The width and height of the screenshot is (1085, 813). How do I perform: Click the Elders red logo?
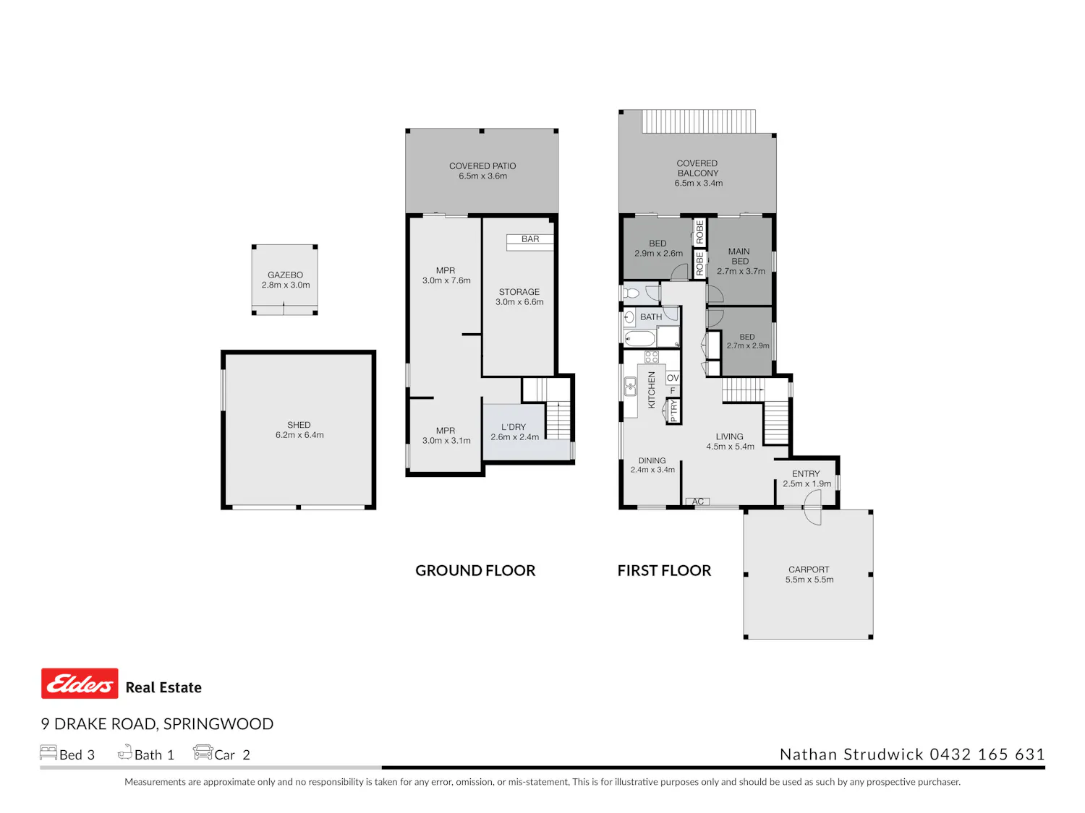coord(80,683)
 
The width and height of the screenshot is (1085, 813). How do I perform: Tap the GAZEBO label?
coord(285,275)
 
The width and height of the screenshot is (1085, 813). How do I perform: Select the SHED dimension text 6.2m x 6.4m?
coord(299,435)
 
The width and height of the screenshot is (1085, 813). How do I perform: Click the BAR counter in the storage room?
coord(530,242)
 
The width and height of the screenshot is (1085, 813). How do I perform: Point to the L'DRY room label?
coord(514,427)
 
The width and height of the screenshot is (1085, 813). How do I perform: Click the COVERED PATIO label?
coord(482,166)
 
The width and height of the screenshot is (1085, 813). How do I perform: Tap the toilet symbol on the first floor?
coord(631,293)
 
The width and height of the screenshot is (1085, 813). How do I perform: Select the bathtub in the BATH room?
coord(640,339)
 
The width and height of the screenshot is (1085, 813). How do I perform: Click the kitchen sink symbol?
coord(630,387)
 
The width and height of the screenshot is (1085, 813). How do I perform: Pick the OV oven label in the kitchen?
coord(673,378)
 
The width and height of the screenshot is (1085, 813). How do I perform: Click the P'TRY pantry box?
coord(673,410)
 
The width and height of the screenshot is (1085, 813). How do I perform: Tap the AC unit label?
coord(697,502)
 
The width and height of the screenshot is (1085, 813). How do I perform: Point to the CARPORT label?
coord(809,569)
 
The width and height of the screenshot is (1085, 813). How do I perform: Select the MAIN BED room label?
coord(739,257)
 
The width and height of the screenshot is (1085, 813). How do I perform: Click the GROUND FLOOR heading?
coord(475,571)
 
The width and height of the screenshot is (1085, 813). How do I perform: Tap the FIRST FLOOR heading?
coord(664,571)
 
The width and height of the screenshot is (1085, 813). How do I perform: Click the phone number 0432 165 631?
coord(987,754)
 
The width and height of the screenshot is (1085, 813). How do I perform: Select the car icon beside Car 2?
coord(203,752)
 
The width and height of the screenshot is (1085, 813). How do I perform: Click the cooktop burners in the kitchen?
coord(652,357)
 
